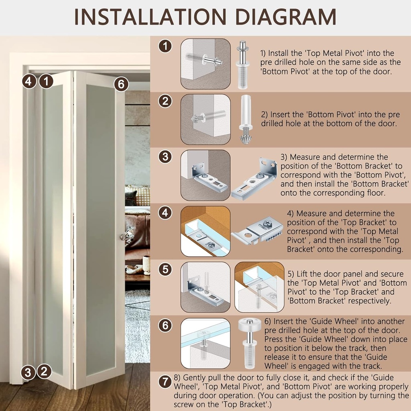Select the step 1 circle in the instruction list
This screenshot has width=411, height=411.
(x=165, y=46)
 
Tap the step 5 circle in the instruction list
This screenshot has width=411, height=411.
(x=165, y=269)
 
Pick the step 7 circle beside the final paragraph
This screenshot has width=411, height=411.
(x=165, y=382)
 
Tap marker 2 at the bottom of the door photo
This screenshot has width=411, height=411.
(x=45, y=371)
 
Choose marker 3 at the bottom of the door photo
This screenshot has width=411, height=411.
(x=28, y=372)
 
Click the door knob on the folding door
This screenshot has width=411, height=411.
(x=122, y=237)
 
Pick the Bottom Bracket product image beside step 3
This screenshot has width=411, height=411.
(x=254, y=178)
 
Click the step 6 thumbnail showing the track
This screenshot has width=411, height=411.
(x=205, y=344)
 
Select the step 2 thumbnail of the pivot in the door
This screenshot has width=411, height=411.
(x=205, y=119)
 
